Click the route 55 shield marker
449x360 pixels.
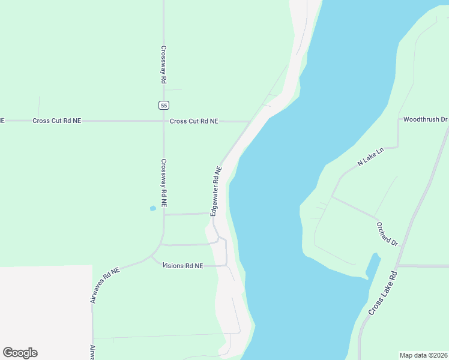point(164,105)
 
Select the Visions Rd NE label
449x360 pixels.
point(183,265)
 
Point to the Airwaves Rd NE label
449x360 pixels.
point(106,284)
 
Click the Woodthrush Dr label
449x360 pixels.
point(425,119)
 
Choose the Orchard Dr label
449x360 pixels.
point(387,234)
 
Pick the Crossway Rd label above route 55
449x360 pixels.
point(163,65)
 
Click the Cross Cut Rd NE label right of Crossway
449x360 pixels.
point(194,121)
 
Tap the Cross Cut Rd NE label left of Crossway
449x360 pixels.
point(56,121)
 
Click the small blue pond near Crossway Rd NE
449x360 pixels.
point(152,209)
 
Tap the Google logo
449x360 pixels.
point(20,353)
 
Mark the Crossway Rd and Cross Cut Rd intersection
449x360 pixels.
point(164,121)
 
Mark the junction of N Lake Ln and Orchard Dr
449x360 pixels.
point(331,196)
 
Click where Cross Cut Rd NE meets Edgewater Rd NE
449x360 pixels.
point(250,121)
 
